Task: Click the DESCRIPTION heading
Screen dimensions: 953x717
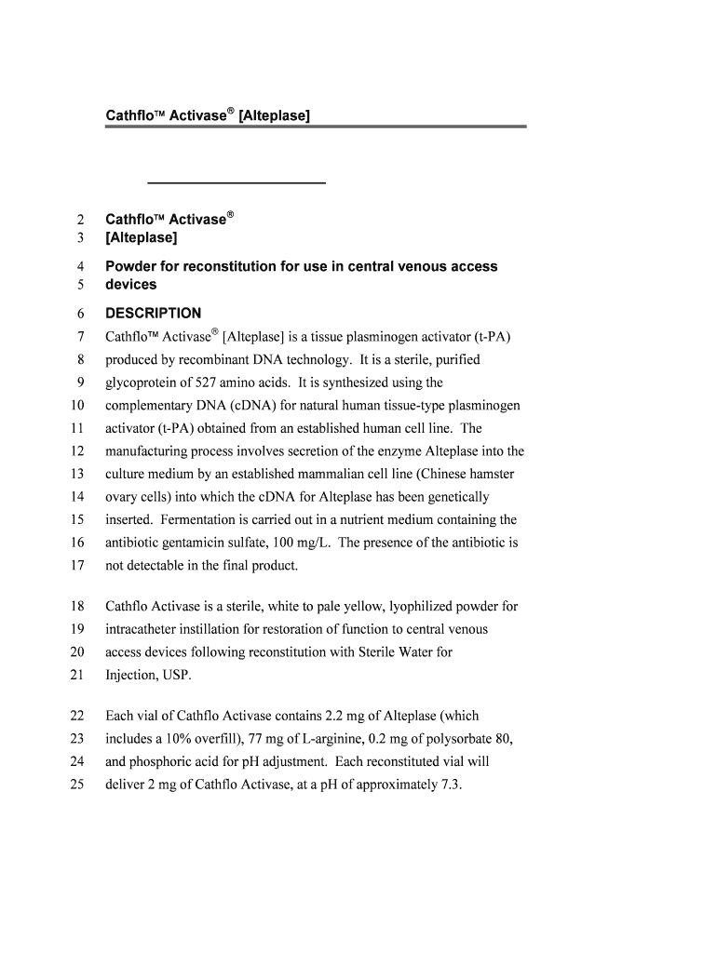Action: coord(153,314)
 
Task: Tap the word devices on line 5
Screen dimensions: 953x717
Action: coord(131,285)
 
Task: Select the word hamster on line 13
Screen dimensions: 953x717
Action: coord(490,474)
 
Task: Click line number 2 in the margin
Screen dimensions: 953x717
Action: coord(80,221)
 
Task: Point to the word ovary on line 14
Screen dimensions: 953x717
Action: coord(122,497)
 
